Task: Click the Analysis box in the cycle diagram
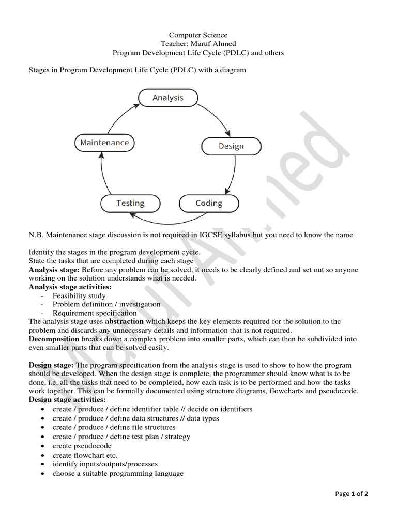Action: point(167,97)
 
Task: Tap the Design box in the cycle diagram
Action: point(231,146)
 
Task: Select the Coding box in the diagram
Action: point(208,203)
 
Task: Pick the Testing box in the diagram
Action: point(130,203)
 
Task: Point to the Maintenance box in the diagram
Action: point(104,143)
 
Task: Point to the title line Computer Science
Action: point(198,35)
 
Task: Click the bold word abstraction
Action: point(124,321)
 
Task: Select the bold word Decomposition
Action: point(54,339)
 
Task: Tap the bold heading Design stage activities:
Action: point(67,400)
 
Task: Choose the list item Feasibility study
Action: point(79,295)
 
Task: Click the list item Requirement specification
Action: point(95,313)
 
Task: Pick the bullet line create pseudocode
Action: point(82,446)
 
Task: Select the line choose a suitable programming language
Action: point(118,473)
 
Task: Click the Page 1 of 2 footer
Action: point(352,494)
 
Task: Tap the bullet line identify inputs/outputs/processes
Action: point(105,464)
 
